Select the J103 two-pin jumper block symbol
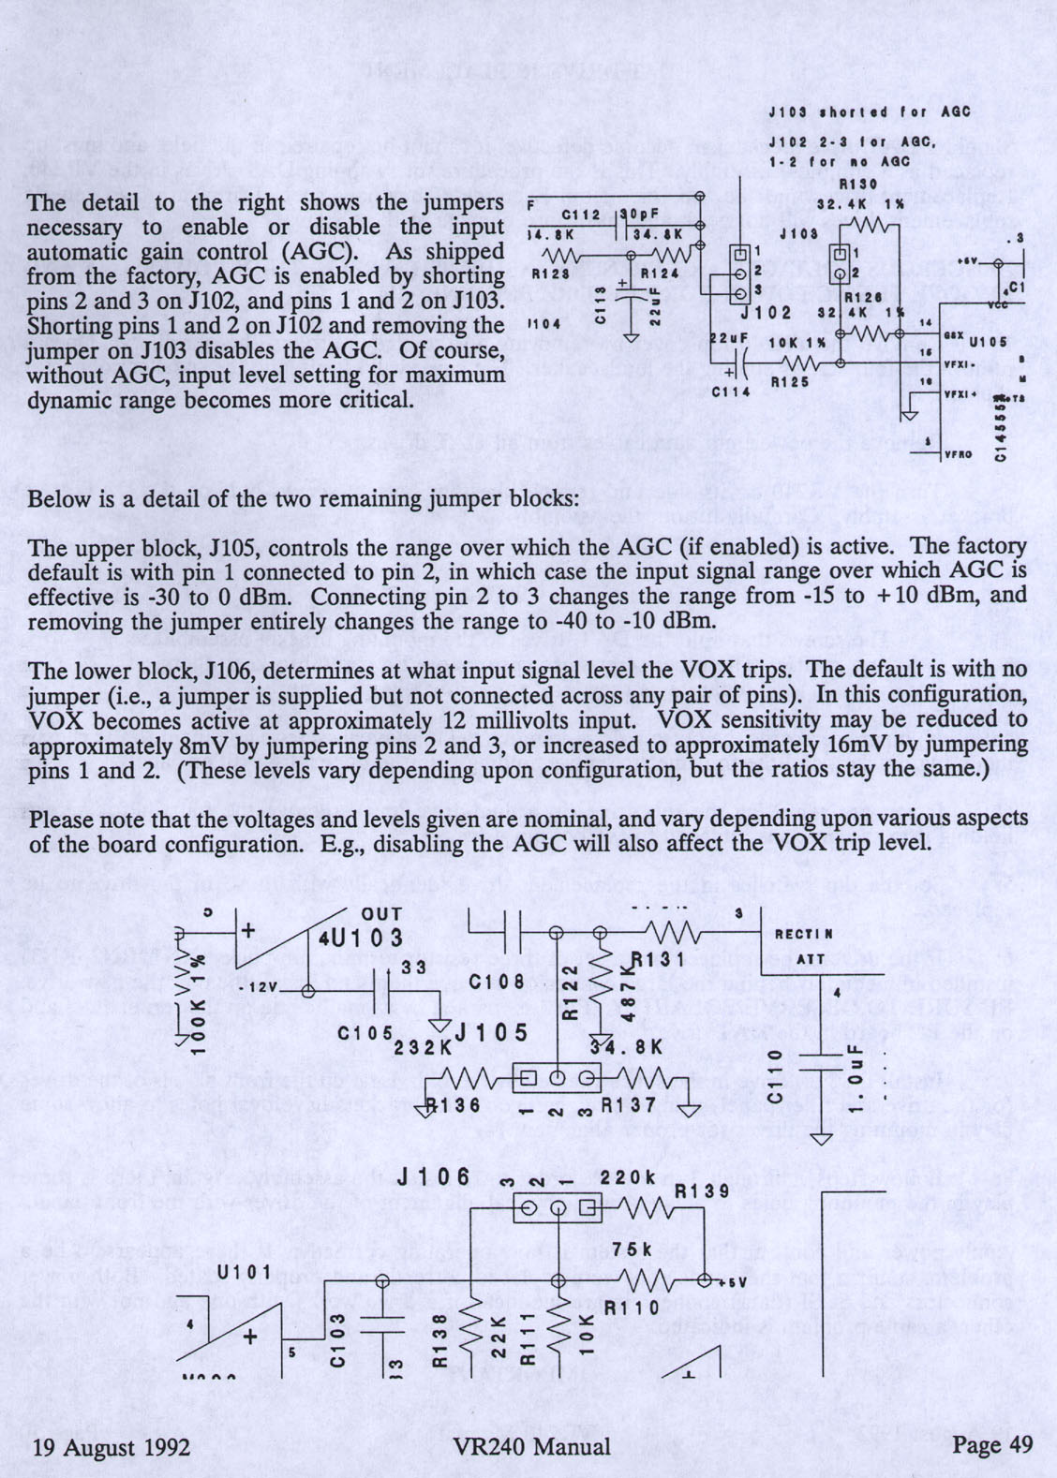pyautogui.click(x=841, y=263)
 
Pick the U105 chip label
pyautogui.click(x=988, y=341)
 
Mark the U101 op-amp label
pyautogui.click(x=244, y=1272)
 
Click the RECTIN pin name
pyautogui.click(x=803, y=934)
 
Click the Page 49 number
pyautogui.click(x=991, y=1444)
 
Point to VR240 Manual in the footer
pyautogui.click(x=530, y=1446)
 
